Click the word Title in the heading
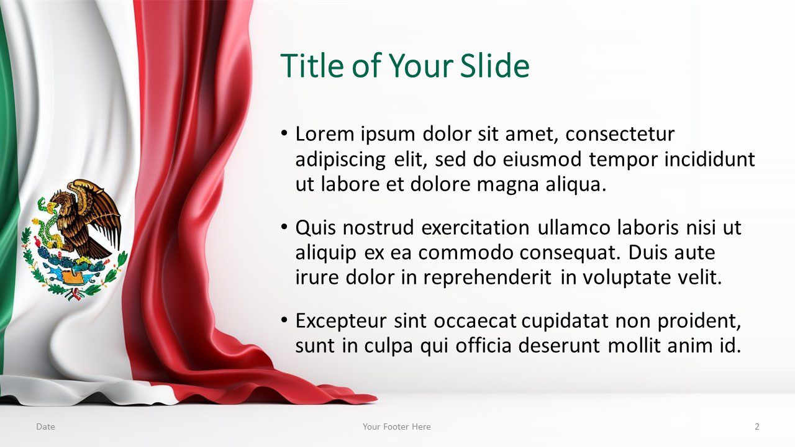pos(312,66)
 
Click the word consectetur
pos(620,135)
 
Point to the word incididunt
pos(709,160)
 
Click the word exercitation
pos(475,227)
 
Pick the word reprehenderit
pos(488,278)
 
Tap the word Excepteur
pos(341,322)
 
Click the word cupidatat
pos(565,322)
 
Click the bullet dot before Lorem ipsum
pos(284,133)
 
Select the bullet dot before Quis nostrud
pos(284,227)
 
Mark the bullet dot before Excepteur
pos(284,320)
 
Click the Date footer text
pos(45,427)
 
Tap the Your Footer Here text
pos(397,427)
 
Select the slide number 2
pos(757,427)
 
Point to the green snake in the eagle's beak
pos(48,222)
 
